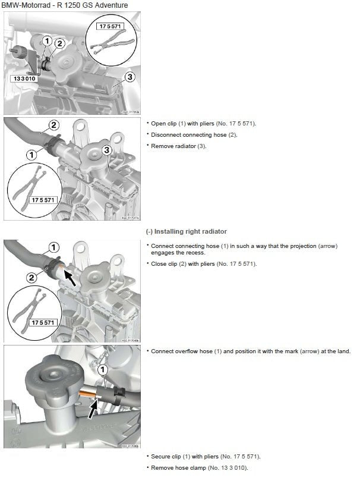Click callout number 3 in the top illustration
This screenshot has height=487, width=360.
[130, 76]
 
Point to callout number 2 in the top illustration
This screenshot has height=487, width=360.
[59, 43]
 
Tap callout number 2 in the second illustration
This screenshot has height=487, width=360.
[53, 125]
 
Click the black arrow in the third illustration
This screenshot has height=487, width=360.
[70, 277]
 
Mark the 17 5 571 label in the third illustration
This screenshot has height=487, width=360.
[43, 322]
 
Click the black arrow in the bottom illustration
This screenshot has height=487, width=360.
[94, 408]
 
